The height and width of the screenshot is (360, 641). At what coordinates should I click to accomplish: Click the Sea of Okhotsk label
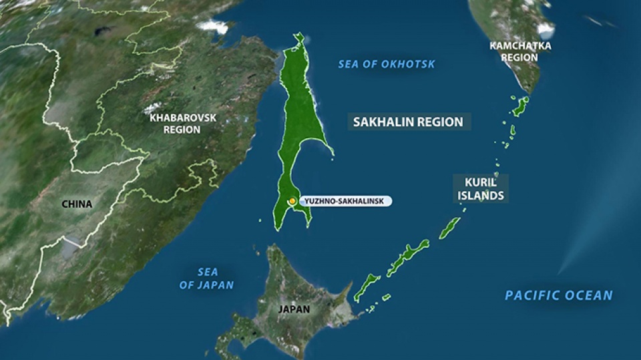386,64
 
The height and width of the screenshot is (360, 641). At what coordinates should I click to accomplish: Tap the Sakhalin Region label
408,122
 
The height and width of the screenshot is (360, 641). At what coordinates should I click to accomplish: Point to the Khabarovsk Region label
182,123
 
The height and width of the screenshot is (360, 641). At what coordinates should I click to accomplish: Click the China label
77,204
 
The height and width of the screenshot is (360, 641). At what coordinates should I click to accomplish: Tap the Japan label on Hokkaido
294,309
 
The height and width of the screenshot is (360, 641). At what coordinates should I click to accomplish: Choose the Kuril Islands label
480,189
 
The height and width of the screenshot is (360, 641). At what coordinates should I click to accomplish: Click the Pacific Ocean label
558,295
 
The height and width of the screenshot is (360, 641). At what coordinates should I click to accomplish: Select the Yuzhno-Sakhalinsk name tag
345,200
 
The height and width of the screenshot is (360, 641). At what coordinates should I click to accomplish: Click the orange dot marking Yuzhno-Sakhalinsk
292,200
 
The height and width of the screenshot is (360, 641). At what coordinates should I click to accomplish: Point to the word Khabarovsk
182,117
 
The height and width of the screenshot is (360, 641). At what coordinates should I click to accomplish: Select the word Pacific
530,295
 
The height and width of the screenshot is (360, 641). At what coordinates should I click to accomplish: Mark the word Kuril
480,182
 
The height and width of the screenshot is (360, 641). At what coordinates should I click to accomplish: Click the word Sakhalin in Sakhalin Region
384,122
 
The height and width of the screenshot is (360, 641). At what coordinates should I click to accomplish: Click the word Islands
480,196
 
